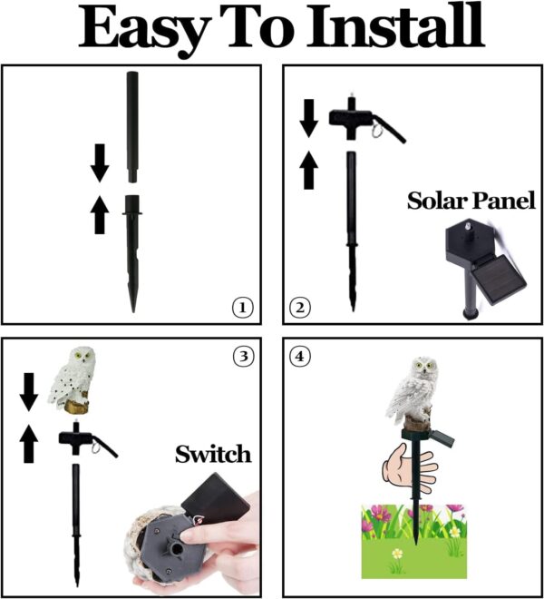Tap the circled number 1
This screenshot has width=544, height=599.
[241, 309]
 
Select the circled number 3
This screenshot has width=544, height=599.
[242, 356]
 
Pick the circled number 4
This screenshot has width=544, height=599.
[299, 357]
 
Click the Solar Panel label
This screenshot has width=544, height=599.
[471, 200]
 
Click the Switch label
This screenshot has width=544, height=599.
[212, 454]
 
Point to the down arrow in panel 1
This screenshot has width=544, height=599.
[100, 163]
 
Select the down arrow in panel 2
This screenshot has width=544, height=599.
[309, 118]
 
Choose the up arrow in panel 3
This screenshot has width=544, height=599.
[29, 445]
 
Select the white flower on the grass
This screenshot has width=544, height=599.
[396, 553]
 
